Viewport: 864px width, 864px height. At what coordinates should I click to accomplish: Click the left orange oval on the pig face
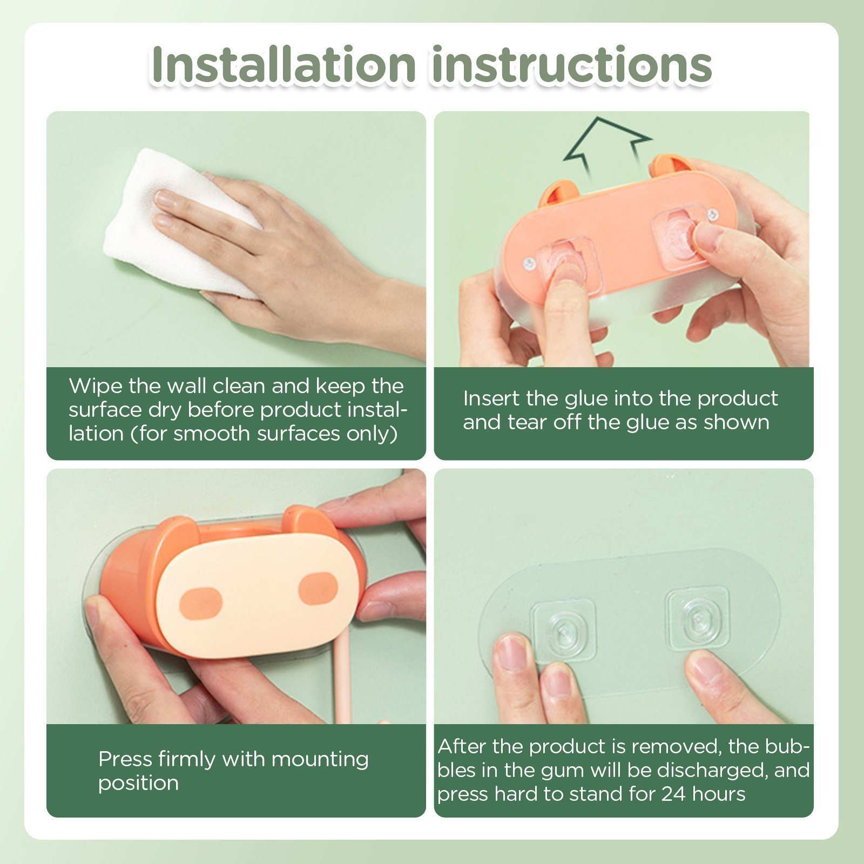pyautogui.click(x=200, y=603)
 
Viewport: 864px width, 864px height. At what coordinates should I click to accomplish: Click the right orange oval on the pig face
pyautogui.click(x=318, y=589)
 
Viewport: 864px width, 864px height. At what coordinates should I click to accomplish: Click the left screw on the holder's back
pyautogui.click(x=529, y=264)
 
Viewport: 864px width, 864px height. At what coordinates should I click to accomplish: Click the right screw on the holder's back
pyautogui.click(x=713, y=215)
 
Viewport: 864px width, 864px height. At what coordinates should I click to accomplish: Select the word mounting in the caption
pyautogui.click(x=320, y=760)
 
